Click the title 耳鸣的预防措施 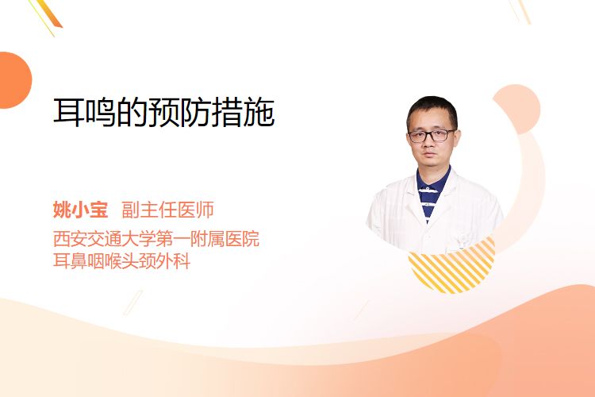[164, 112]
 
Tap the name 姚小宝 [80, 210]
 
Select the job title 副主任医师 [167, 210]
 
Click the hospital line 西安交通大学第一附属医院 [156, 239]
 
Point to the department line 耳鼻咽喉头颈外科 [122, 261]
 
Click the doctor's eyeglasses [432, 135]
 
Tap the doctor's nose [429, 144]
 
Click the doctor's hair [432, 110]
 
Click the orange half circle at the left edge [14, 80]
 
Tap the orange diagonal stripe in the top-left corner [49, 13]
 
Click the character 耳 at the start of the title [69, 112]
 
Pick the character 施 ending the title [259, 112]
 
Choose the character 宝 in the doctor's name [98, 210]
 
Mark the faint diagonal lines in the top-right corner [520, 10]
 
